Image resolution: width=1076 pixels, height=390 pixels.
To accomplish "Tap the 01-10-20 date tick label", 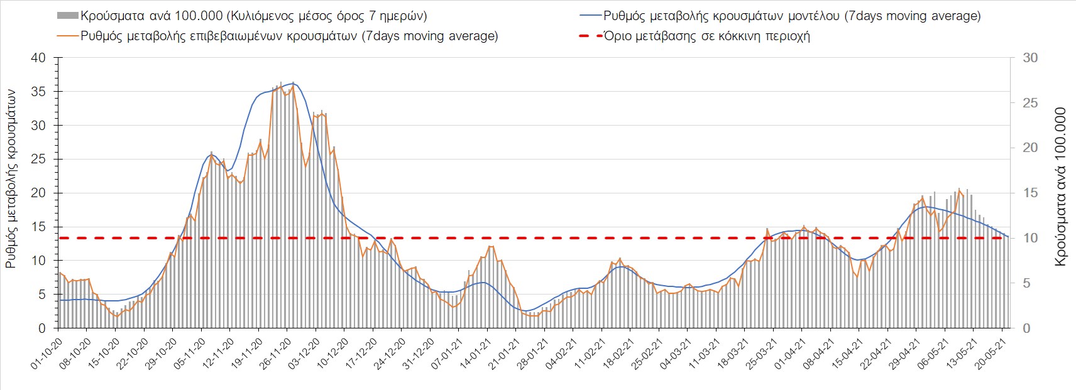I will pos(47,355).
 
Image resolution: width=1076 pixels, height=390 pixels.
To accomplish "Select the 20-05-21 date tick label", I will pos(996,355).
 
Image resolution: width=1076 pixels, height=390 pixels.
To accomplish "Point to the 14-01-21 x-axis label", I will pos(475,355).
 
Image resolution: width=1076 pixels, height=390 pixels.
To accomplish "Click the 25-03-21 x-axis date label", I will pos(761,355).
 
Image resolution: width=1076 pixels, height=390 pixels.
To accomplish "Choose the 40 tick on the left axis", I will pos(38,58).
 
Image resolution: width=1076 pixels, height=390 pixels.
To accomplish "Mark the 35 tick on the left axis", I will pos(38,92).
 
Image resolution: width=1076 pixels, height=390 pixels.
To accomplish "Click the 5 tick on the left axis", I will pos(42,295).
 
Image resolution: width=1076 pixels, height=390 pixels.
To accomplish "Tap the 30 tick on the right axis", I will pos(1030,58).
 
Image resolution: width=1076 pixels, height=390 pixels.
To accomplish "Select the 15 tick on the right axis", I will pos(1030,193).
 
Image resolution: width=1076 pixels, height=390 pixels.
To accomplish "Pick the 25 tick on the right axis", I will pos(1030,103).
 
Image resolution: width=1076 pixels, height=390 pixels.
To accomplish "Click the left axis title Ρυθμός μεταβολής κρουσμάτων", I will pos(11,178).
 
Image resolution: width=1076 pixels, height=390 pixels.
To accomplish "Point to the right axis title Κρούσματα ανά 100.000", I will pos(1060,187).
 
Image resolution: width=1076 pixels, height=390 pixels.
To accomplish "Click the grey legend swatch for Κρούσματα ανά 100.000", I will pos(67,16).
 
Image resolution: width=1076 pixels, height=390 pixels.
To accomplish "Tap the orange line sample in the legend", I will pos(67,36).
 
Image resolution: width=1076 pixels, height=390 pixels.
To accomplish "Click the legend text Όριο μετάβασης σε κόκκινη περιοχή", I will pos(707,36).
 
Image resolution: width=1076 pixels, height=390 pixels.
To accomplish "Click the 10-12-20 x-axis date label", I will pos(332,355).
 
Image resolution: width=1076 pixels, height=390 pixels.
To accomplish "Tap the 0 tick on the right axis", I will pos(1026,328).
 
